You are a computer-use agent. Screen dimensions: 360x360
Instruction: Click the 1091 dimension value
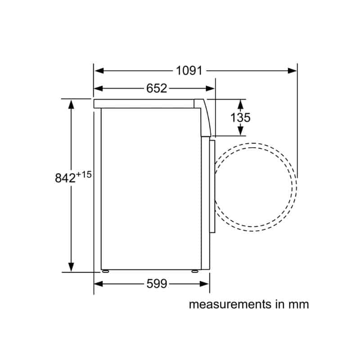(x=189, y=71)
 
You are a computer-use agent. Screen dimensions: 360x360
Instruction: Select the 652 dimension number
(x=157, y=88)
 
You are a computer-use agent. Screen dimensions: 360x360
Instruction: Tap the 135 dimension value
(x=240, y=117)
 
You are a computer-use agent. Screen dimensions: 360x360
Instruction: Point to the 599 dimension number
(x=157, y=284)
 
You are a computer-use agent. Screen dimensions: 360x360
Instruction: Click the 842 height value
(x=65, y=178)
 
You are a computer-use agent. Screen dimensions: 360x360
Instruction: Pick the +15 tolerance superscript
(x=84, y=175)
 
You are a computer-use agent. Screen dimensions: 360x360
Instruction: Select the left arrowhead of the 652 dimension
(x=99, y=88)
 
